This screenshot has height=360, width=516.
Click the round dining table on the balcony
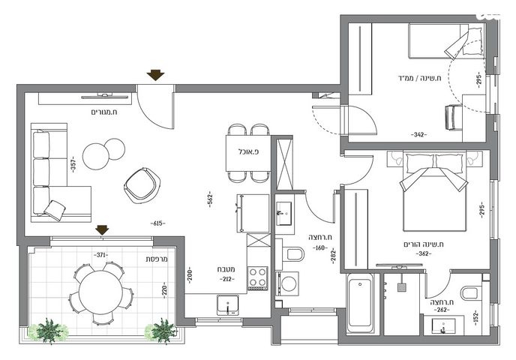coord(100,292)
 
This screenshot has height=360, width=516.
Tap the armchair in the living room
coord(142,185)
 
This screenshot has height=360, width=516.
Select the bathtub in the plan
coord(360,305)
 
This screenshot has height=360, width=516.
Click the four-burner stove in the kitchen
coord(257,277)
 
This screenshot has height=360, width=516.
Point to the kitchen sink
coord(228,304)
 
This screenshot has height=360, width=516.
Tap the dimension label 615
coord(158,223)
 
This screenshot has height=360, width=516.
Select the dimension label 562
coord(210,199)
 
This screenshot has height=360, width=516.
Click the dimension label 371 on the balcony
coord(101,255)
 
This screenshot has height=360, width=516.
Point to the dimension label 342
coord(418,134)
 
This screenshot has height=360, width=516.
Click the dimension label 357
coord(73,164)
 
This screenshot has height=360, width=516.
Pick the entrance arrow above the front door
coord(155,75)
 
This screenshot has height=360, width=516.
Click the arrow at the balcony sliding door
coord(102,230)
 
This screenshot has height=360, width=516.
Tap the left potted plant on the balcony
coord(49,331)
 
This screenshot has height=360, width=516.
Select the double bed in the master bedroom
coord(434,190)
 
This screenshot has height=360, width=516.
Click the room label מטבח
coord(226,269)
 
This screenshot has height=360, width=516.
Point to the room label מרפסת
coord(157,259)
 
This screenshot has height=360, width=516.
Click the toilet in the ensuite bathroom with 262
coord(469,292)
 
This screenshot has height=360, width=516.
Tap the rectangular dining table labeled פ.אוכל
coord(248,153)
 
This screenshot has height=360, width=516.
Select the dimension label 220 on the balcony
coord(164,290)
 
